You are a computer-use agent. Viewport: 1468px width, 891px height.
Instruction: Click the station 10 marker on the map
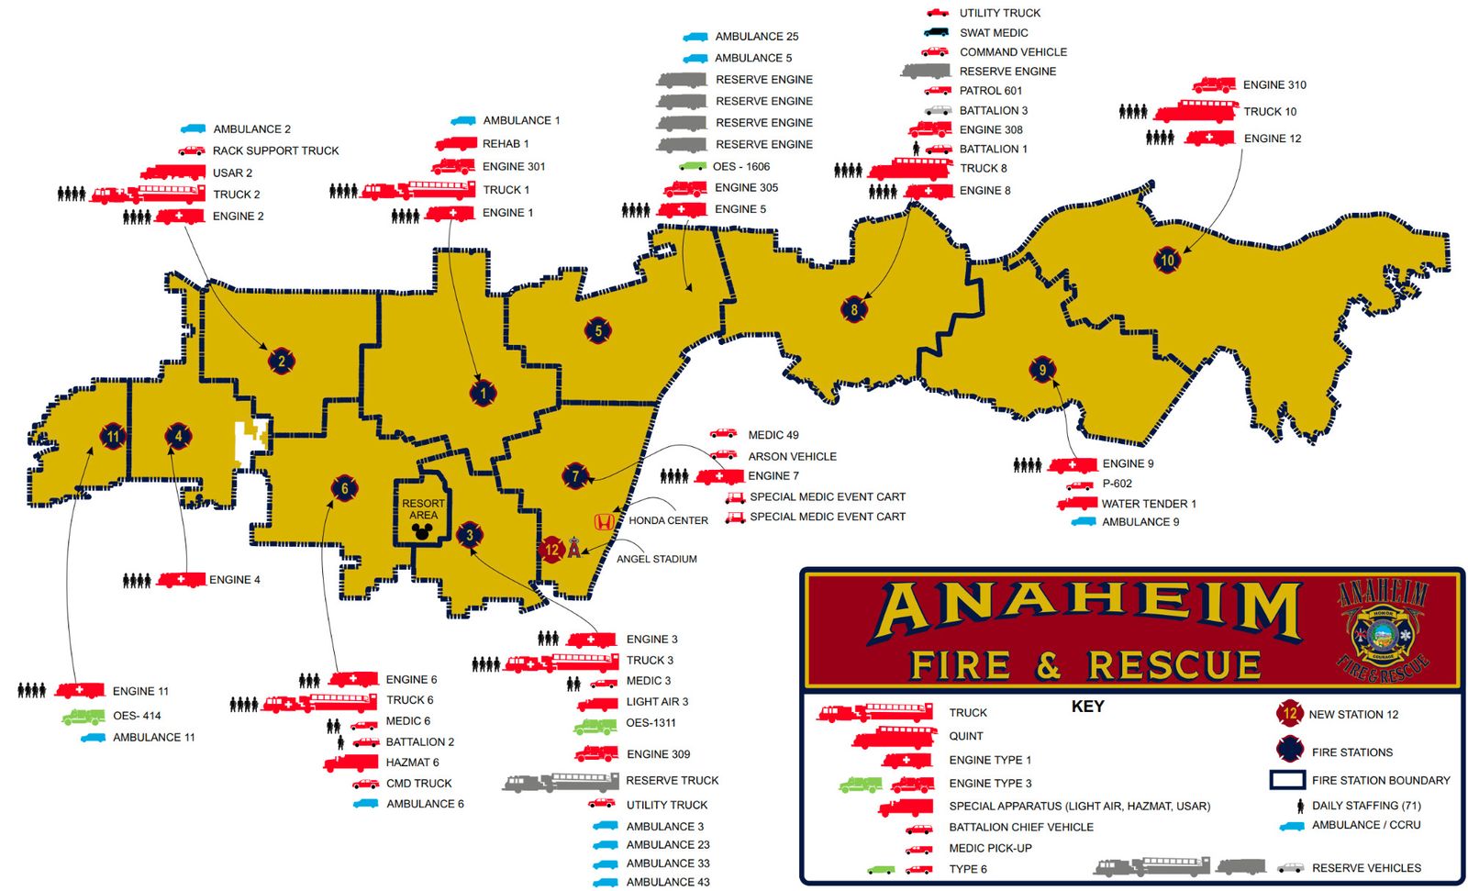[x=1166, y=260]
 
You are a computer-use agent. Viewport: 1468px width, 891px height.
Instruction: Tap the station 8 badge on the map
[x=854, y=309]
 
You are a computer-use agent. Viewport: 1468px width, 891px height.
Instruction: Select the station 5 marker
[x=598, y=330]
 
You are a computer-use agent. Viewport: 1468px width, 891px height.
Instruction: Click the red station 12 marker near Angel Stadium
[x=551, y=550]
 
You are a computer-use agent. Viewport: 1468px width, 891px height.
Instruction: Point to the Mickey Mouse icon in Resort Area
[x=423, y=531]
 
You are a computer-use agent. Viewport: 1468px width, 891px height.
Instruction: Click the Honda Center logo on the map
[x=604, y=521]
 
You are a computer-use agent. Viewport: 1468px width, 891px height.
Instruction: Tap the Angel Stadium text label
[x=656, y=559]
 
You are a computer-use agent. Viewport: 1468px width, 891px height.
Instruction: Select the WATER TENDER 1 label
[x=1149, y=504]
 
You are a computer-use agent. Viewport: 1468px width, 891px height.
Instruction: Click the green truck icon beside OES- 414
[x=83, y=717]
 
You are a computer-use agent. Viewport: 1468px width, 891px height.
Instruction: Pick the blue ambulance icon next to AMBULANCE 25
[x=695, y=37]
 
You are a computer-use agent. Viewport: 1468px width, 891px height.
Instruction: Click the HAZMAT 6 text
[x=412, y=763]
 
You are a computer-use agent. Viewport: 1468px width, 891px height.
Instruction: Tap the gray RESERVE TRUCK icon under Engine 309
[x=561, y=782]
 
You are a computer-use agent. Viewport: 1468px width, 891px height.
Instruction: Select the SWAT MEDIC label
[x=994, y=32]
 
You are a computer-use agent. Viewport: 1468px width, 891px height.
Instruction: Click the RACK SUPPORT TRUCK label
[x=275, y=150]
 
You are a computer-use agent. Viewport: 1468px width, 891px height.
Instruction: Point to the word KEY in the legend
[x=1087, y=707]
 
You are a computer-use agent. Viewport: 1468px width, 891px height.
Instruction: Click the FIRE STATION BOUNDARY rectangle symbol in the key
[x=1286, y=780]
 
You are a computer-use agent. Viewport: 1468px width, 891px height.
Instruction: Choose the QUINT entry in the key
[x=965, y=736]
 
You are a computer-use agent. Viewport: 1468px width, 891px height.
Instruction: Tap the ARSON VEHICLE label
[x=792, y=456]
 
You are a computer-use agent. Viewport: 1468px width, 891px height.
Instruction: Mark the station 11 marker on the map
[x=112, y=437]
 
